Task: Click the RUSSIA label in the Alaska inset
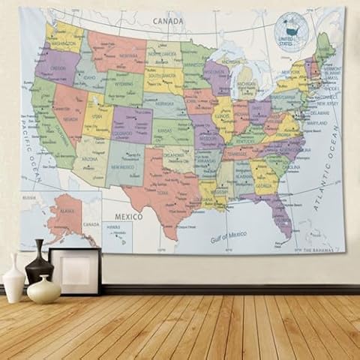pos(29,199)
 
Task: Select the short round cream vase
pos(43,289)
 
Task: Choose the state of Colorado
pos(131,124)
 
